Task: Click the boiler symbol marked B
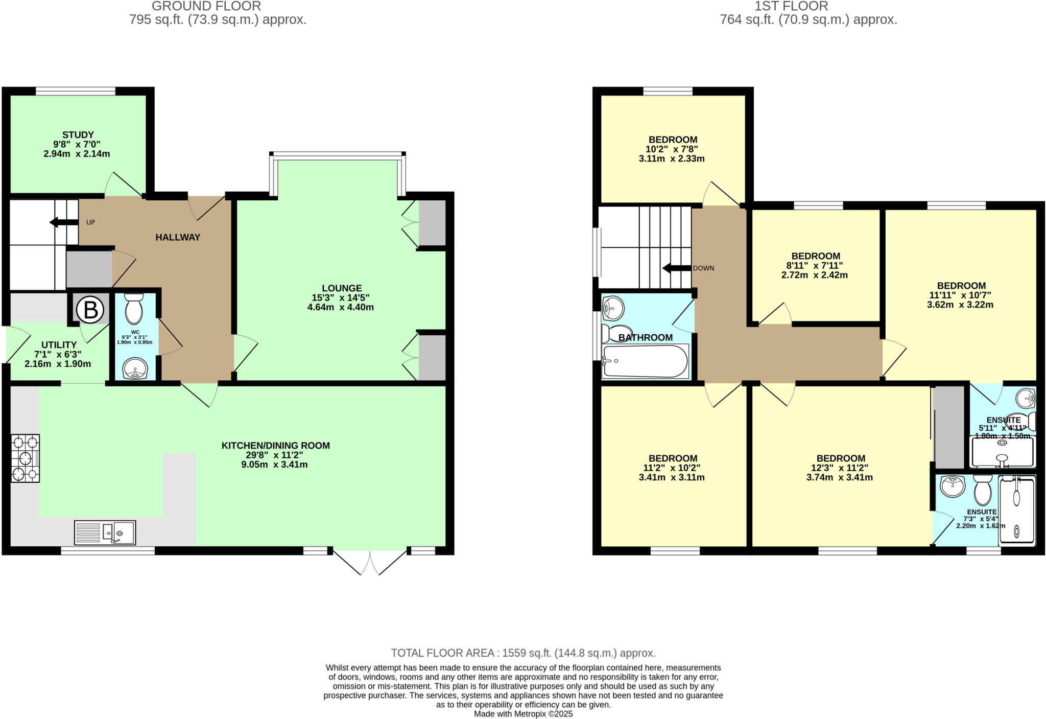(x=90, y=310)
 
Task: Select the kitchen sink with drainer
(x=105, y=533)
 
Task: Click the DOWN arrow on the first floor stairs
(x=676, y=268)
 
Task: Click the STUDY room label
(x=78, y=135)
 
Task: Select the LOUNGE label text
(x=342, y=288)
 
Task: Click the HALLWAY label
(x=178, y=237)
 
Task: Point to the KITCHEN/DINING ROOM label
(x=275, y=446)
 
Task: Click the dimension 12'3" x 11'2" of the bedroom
(x=840, y=468)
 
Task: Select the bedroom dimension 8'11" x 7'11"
(x=815, y=266)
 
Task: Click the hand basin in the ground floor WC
(x=135, y=368)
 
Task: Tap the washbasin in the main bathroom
(x=612, y=307)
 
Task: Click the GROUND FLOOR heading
(x=206, y=7)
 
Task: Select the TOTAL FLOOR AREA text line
(x=523, y=653)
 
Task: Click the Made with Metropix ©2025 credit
(x=523, y=714)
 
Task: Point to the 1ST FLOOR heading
(x=791, y=7)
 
